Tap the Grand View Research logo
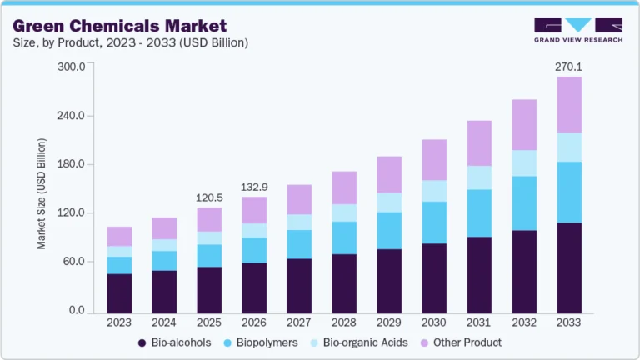coord(577,29)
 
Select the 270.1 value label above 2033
coord(568,66)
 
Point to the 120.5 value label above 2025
coord(208,198)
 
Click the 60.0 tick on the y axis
coord(74,262)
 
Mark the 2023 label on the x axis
coord(119,322)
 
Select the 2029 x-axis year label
coord(389,322)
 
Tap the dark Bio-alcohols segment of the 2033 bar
coord(569,267)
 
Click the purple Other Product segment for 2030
coord(434,160)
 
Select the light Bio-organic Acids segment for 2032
coord(524,163)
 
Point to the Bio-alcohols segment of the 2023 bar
coord(119,292)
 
